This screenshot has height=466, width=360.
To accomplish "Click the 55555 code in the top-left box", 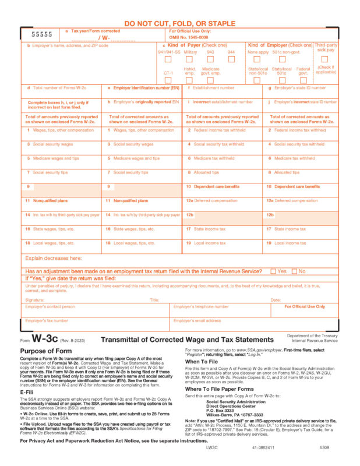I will pyautogui.click(x=41, y=34).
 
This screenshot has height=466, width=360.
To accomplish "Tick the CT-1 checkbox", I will pyautogui.click(x=168, y=80).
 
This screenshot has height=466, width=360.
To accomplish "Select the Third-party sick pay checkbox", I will pyautogui.click(x=325, y=59).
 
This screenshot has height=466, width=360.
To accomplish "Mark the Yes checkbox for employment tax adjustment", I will pyautogui.click(x=273, y=271).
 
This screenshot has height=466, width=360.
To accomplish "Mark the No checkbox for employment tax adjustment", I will pyautogui.click(x=294, y=271).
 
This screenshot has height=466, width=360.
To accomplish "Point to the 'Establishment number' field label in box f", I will pyautogui.click(x=213, y=88).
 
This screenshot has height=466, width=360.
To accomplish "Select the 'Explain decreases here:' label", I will pyautogui.click(x=53, y=258).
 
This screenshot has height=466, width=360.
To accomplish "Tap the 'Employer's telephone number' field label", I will pyautogui.click(x=201, y=306).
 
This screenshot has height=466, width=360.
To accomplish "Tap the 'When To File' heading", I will pyautogui.click(x=201, y=362).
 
